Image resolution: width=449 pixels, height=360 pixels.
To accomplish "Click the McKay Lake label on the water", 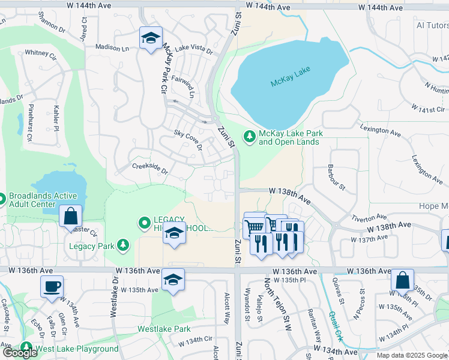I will click(x=290, y=77).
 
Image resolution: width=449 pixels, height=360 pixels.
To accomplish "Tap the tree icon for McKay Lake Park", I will click(x=249, y=137).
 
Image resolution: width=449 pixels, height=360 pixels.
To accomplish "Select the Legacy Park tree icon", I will click(x=122, y=245).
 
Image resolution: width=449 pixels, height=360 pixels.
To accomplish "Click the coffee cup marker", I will click(x=52, y=285).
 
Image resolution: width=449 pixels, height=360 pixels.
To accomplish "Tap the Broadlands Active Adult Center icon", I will click(x=2, y=198).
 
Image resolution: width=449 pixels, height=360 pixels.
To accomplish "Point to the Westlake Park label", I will click(x=164, y=329).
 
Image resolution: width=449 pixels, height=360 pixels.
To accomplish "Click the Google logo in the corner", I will click(x=20, y=353).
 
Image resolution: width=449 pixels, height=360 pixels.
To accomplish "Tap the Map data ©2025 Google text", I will click(x=412, y=355).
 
